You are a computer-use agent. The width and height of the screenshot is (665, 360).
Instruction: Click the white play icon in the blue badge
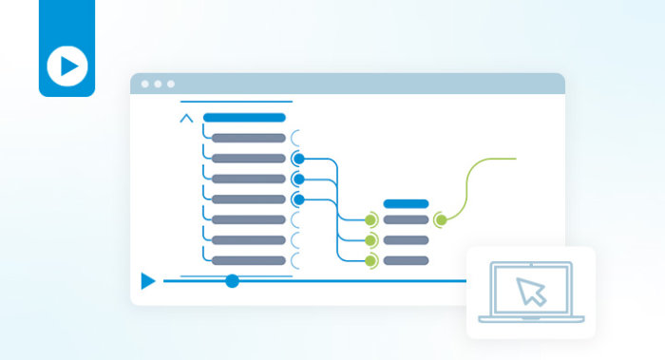tap(66, 66)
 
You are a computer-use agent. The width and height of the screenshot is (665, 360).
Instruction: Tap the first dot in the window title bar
tap(145, 84)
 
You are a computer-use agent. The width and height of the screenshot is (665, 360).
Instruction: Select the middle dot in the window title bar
tap(158, 84)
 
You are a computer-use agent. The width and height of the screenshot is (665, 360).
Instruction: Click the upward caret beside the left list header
tap(186, 119)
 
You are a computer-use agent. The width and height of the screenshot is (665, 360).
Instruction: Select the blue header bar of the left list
tap(244, 118)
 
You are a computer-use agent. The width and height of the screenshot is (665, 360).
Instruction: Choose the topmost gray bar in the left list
tap(248, 138)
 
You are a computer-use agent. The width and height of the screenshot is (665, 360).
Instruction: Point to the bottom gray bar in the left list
tap(248, 260)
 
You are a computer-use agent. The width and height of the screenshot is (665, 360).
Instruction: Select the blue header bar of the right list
tap(406, 203)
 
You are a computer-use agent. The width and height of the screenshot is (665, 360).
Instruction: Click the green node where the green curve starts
tap(440, 220)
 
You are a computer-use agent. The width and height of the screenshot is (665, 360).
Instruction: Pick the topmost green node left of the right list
tap(371, 220)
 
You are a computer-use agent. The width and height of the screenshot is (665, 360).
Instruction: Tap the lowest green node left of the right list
tap(371, 260)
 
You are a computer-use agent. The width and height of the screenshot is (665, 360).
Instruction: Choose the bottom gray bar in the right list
tap(406, 260)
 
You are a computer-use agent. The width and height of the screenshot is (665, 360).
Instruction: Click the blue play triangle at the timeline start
tap(147, 281)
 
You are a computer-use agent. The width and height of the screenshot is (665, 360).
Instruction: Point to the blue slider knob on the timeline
tap(232, 280)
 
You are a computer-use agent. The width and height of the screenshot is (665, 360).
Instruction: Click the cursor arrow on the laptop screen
tap(532, 291)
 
